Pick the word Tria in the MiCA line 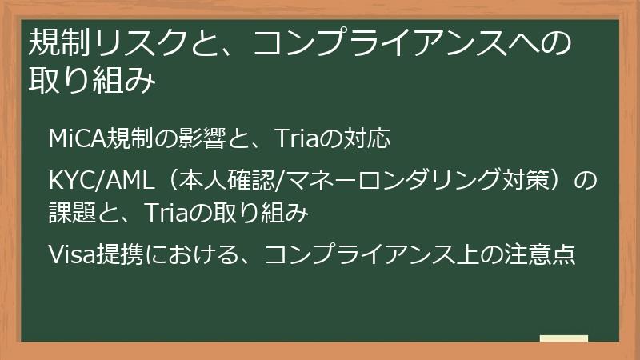[296, 139]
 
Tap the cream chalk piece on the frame [563, 338]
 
